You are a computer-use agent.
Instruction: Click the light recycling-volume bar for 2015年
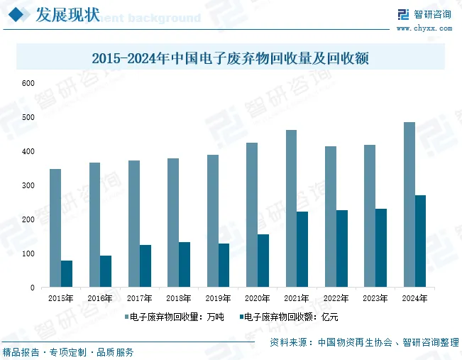(55, 228)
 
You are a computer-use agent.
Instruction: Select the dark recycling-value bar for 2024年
(420, 241)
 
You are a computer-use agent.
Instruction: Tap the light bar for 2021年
(292, 209)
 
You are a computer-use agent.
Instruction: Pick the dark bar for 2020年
(263, 261)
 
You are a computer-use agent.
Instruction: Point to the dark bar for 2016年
(106, 271)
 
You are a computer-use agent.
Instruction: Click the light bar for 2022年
(331, 217)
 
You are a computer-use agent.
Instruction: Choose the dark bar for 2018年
(185, 264)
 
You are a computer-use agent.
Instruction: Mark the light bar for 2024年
(409, 204)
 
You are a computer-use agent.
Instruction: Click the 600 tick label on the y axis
(28, 84)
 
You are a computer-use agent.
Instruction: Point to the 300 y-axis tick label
(28, 185)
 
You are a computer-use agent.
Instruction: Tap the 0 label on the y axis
(33, 288)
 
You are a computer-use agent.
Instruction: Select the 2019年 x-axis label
(218, 298)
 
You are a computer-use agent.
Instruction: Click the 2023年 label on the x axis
(375, 298)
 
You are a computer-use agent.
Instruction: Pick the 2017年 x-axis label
(139, 298)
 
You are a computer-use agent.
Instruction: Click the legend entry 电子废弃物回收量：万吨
(175, 317)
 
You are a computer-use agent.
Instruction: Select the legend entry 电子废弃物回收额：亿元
(289, 317)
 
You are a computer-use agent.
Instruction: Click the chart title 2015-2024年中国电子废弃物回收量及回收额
(231, 58)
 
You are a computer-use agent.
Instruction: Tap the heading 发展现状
(67, 14)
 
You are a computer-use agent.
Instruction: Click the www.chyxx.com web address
(424, 28)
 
